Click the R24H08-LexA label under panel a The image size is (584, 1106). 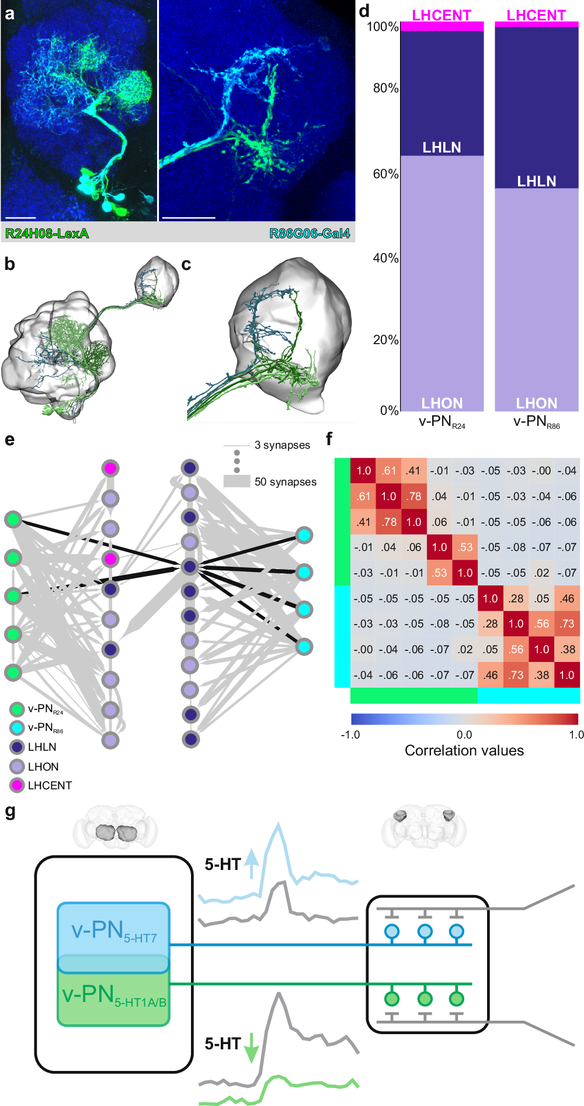coord(47,234)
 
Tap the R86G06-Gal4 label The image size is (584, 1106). coord(310,234)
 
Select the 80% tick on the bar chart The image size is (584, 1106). coord(385,88)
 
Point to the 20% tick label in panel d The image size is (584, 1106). coord(385,340)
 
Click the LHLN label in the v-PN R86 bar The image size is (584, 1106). coord(536,181)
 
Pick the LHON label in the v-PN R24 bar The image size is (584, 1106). coord(442,403)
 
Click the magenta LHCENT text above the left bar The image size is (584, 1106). coord(442,15)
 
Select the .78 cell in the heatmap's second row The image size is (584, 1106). coord(414,496)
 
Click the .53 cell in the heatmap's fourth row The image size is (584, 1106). coord(465,547)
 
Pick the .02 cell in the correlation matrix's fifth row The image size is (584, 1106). coord(541,573)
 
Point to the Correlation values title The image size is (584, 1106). coord(464,750)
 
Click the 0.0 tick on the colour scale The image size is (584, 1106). coord(464,734)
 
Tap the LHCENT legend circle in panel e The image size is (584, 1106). coord(17,785)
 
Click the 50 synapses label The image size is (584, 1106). coord(286,482)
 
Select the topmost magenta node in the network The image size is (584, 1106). coord(110,468)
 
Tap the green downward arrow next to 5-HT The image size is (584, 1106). coord(251,1048)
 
